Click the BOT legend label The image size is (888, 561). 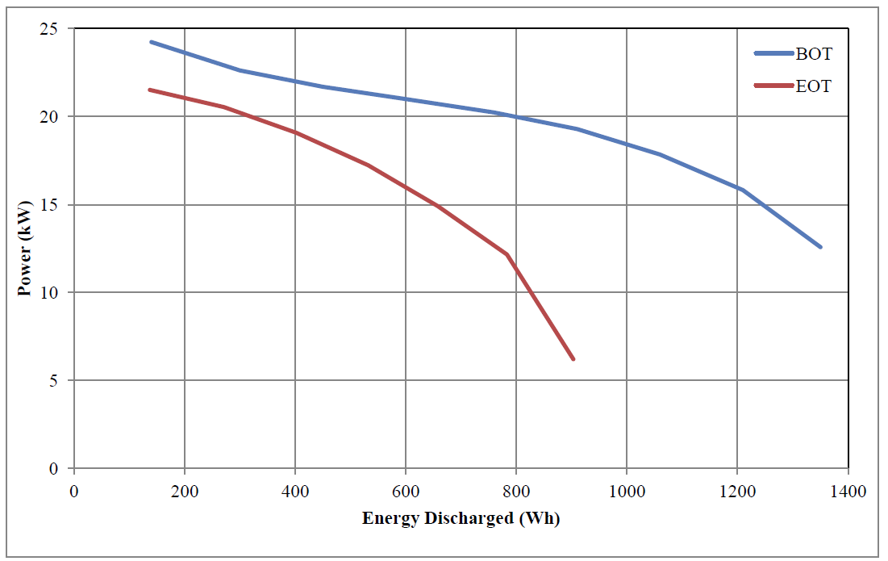pos(813,55)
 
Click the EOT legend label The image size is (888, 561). pos(813,86)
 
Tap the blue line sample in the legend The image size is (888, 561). pos(773,54)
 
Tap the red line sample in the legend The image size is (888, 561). pos(773,86)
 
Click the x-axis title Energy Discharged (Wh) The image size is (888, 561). pos(461,518)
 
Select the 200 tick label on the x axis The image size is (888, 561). pos(185,490)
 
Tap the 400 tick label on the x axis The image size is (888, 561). pos(295,490)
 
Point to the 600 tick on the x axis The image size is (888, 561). pos(406,490)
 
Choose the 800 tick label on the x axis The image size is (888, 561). pos(516,490)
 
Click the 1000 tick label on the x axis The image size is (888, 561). pos(627,490)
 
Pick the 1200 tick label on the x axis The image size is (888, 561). pos(737,490)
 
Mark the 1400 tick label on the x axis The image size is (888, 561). pos(848,490)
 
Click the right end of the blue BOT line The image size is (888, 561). pos(820,246)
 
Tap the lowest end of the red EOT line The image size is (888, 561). pos(573,358)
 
